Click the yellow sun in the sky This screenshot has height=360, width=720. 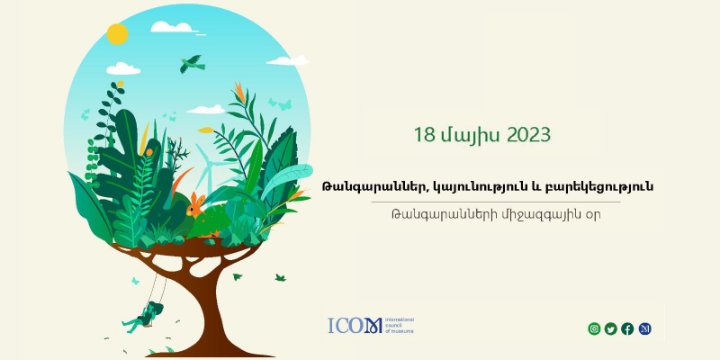tap(117, 34)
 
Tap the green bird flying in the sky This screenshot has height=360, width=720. tap(191, 64)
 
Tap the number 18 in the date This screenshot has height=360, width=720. tap(424, 135)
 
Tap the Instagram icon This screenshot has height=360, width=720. tap(594, 328)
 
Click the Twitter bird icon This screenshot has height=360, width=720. tap(611, 328)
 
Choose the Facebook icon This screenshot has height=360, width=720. tap(627, 328)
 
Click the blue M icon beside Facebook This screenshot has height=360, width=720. tap(644, 328)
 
